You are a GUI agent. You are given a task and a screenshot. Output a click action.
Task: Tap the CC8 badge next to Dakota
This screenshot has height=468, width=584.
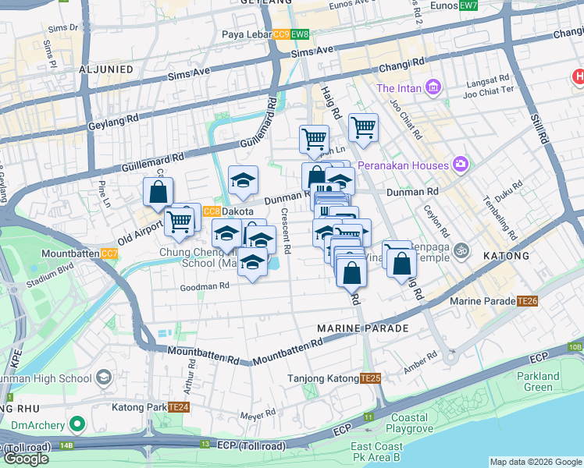click(x=212, y=211)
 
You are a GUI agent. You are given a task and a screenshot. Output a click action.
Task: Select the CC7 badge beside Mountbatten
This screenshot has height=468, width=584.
click(x=109, y=253)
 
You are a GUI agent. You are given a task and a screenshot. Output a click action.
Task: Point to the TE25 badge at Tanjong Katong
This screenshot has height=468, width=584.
click(x=371, y=378)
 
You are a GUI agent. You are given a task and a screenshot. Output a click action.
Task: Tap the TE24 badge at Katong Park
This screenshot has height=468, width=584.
click(x=180, y=407)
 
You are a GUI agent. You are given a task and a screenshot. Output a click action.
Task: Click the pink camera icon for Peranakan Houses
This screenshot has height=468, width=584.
click(x=461, y=165)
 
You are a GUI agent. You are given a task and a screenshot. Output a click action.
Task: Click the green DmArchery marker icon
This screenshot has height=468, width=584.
click(x=77, y=424)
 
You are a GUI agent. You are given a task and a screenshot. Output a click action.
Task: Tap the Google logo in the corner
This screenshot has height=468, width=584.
click(x=26, y=459)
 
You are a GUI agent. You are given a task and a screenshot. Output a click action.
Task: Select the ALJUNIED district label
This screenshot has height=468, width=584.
click(x=106, y=69)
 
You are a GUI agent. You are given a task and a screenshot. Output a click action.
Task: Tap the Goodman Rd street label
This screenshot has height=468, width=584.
click(x=204, y=286)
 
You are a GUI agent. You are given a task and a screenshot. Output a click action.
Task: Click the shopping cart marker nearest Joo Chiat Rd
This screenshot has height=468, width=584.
click(x=363, y=126)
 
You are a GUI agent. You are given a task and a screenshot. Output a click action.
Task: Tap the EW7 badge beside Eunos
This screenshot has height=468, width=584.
click(x=468, y=5)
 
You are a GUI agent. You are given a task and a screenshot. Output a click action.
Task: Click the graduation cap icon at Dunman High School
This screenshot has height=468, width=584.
click(x=102, y=379)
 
